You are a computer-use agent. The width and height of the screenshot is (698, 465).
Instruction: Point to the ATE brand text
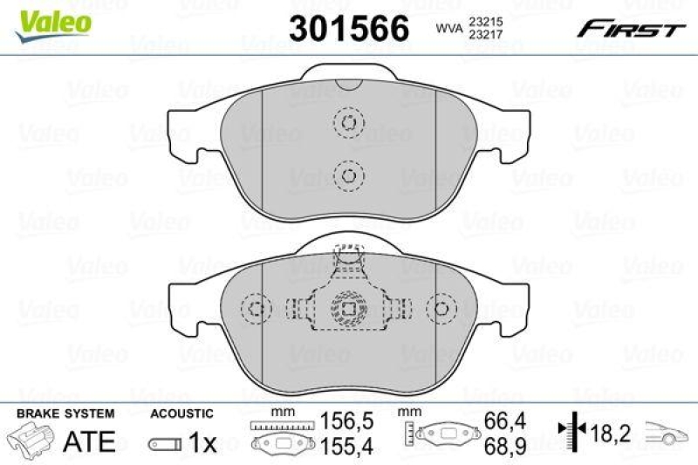click(90, 441)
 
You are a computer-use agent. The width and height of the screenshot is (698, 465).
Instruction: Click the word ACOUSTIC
click(181, 414)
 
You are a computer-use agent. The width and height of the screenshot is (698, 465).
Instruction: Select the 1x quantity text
click(202, 443)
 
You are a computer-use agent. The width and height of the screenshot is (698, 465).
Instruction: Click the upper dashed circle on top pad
click(348, 122)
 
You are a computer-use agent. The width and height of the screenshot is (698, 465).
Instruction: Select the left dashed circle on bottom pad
click(255, 309)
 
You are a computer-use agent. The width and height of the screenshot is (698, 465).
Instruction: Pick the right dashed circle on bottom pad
click(443, 309)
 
